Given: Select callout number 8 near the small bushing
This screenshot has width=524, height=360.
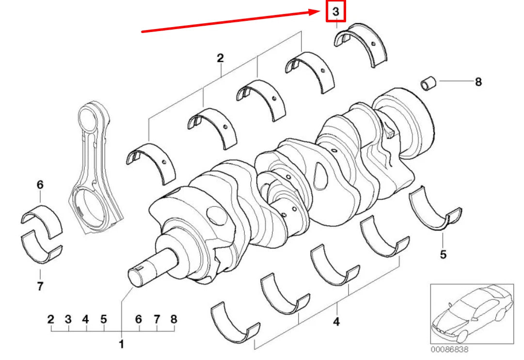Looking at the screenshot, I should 478,82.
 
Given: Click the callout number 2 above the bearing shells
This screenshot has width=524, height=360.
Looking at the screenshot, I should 220,59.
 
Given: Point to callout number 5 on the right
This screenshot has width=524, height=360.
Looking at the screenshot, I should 443,253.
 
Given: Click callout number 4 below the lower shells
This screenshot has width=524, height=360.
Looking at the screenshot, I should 336,321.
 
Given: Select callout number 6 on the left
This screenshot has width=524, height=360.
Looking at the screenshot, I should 40,185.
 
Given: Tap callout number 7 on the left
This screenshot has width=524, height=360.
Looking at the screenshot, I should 40,286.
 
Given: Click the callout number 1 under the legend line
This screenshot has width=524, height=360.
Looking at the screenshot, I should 121,344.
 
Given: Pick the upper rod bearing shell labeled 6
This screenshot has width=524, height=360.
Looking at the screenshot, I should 42,218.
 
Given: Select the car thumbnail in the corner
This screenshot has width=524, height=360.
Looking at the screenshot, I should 472,313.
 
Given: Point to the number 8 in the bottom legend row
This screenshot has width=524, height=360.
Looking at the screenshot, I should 174,319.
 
